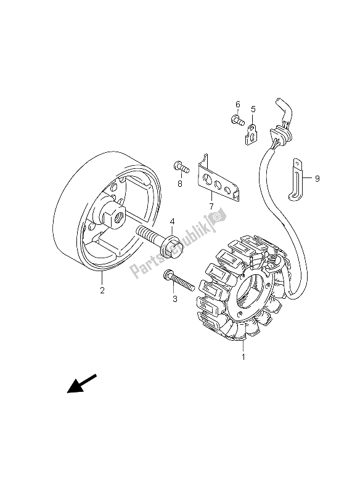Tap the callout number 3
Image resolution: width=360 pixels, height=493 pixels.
pyautogui.click(x=175, y=299)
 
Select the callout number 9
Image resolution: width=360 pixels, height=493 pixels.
pyautogui.click(x=317, y=179)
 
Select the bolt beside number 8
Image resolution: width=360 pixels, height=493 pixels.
pyautogui.click(x=178, y=166)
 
